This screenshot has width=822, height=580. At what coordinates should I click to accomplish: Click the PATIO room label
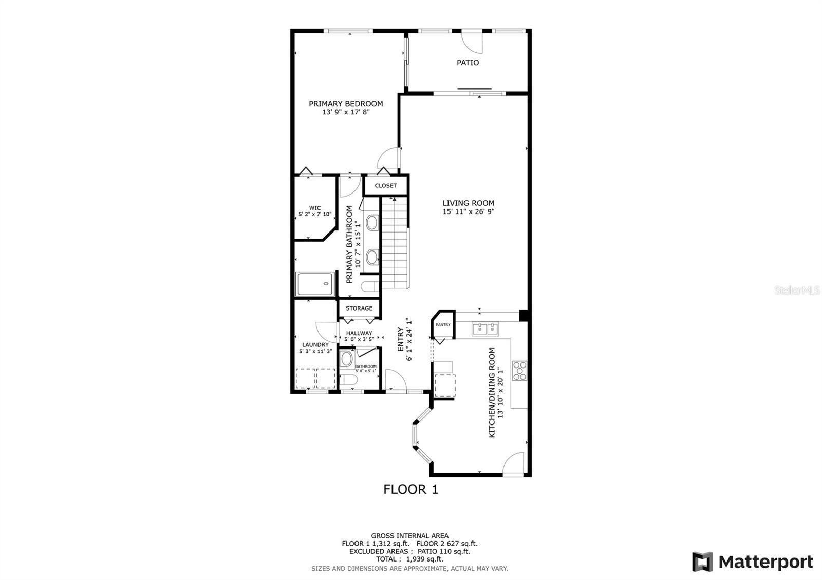pos(468,63)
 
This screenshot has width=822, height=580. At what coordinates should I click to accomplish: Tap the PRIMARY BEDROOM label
pos(346,104)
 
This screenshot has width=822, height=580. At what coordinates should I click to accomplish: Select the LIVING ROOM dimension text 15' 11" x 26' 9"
pos(469,211)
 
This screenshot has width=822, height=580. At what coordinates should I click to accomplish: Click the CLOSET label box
pos(386,185)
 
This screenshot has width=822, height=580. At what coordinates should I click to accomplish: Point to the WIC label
pos(315,208)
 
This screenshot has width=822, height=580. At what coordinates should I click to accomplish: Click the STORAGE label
pos(359,308)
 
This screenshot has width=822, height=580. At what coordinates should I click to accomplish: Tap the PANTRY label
pos(443,325)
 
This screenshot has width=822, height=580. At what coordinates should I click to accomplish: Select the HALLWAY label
pos(359,333)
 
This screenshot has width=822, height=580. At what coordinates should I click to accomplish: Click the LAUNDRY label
pos(315,344)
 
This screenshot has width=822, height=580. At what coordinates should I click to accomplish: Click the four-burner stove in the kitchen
pos(519,371)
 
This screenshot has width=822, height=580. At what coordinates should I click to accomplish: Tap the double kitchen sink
pos(485,329)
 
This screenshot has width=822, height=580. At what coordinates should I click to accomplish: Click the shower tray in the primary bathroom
pos(315,284)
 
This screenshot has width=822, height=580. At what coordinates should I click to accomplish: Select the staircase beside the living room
pos(395,243)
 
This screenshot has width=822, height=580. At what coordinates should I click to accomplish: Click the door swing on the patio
pos(472,43)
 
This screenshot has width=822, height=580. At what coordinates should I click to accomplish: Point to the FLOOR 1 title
pos(410,490)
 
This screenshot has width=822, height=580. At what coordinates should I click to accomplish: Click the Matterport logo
pos(752,562)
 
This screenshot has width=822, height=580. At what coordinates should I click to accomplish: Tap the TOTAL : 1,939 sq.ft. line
pos(409,559)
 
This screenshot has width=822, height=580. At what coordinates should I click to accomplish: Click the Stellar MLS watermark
pos(797,291)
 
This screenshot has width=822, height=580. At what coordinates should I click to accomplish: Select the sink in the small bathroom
pos(346,359)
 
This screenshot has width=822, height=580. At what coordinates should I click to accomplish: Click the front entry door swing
pos(396,380)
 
